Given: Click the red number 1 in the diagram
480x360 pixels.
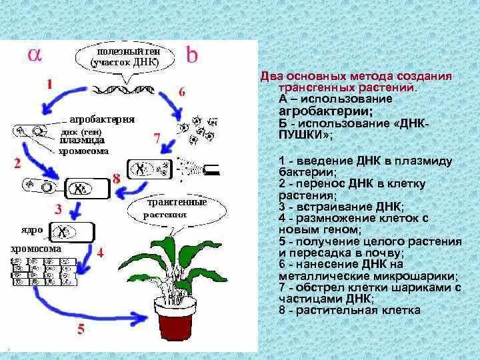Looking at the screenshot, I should (x=49, y=84).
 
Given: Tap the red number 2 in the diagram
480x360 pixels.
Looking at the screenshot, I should (x=18, y=162).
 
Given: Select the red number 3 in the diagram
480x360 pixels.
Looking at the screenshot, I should (x=59, y=209).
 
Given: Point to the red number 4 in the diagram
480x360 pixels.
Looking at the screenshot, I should (x=100, y=253).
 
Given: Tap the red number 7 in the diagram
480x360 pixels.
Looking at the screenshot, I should (x=157, y=139).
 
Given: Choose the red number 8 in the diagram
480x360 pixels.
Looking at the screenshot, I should (x=116, y=178).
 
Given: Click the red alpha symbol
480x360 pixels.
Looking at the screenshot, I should (x=35, y=56).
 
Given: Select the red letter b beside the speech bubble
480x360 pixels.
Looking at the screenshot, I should (x=192, y=56).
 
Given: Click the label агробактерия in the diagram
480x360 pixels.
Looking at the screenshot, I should (x=102, y=119).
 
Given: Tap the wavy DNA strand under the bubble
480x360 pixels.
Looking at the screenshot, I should (x=127, y=87).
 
